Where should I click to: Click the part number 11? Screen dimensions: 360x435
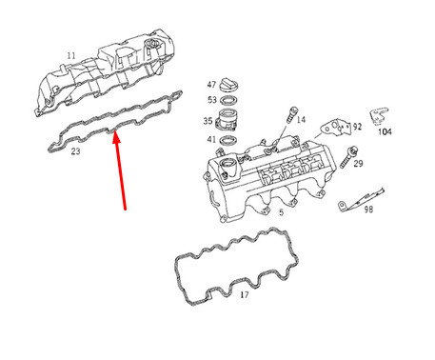(x=69, y=57)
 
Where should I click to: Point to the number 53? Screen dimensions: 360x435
(x=211, y=100)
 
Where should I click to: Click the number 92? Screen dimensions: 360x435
(x=357, y=125)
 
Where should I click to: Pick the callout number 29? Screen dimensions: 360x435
(x=358, y=164)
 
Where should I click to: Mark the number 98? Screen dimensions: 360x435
(x=368, y=208)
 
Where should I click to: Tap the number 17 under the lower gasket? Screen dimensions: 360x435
(x=244, y=295)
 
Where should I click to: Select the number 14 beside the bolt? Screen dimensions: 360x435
(x=301, y=120)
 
